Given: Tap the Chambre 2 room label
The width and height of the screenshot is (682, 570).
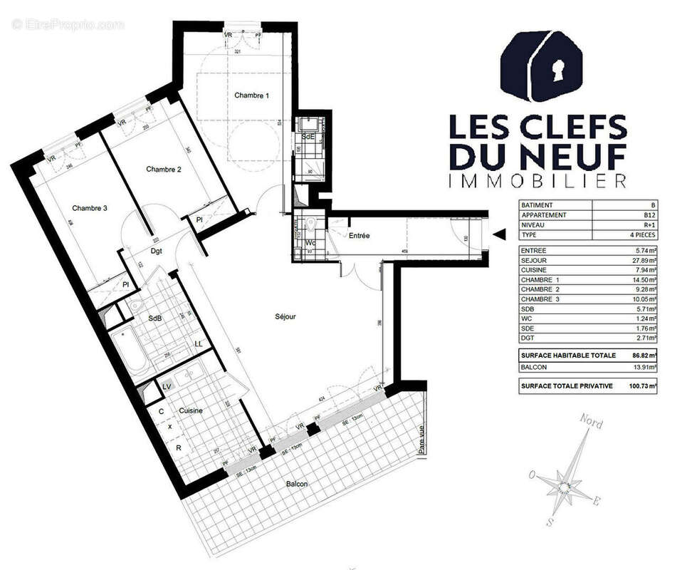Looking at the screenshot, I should pyautogui.click(x=164, y=169).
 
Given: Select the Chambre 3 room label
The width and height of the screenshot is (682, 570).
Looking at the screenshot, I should pyautogui.click(x=90, y=208).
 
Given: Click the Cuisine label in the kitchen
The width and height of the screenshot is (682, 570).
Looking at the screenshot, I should pyautogui.click(x=190, y=410).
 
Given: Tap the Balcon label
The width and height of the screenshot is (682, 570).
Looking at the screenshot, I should pyautogui.click(x=297, y=484).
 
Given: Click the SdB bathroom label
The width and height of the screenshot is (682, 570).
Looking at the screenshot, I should pyautogui.click(x=155, y=319).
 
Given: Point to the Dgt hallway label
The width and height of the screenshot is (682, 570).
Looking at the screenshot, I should pyautogui.click(x=158, y=250).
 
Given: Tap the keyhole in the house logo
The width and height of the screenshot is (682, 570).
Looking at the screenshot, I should pyautogui.click(x=557, y=68).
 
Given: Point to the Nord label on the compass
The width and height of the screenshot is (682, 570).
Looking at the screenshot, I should pyautogui.click(x=591, y=423).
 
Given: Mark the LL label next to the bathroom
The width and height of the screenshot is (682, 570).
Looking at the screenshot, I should pyautogui.click(x=199, y=344).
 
